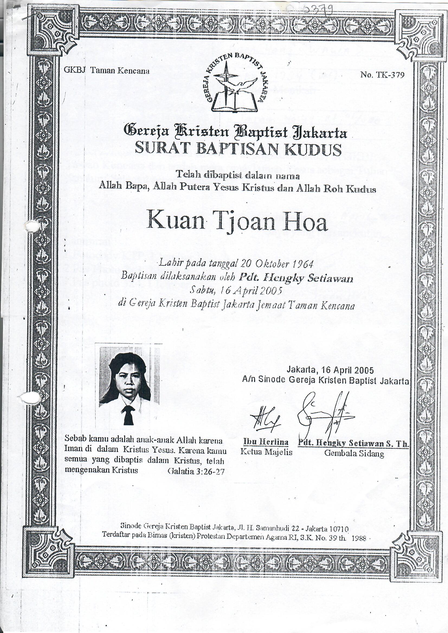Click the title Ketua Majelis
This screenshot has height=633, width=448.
point(266,452)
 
